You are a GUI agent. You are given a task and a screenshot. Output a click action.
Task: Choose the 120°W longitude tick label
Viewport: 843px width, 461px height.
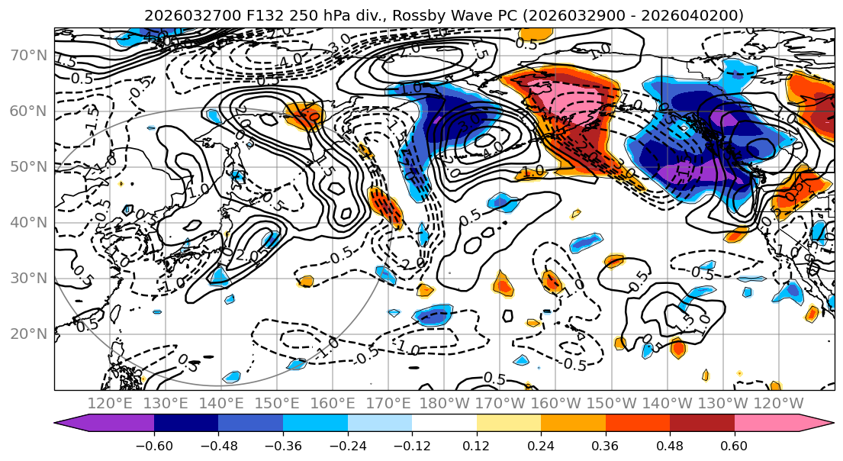[779, 403]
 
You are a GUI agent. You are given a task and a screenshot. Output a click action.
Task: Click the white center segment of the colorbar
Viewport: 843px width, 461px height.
[444, 424]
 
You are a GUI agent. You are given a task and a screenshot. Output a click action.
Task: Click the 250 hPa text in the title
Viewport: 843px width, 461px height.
[298, 15]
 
